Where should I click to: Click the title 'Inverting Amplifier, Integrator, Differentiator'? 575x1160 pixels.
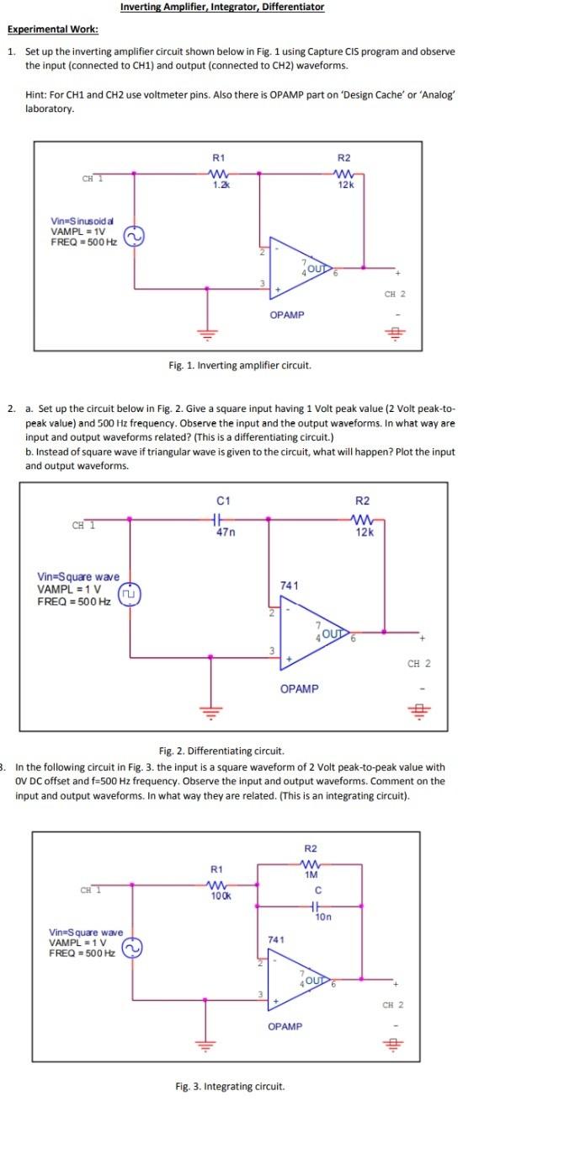click(x=221, y=8)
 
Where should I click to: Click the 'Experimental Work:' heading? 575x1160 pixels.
click(x=53, y=29)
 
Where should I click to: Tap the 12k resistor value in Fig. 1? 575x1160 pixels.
click(x=343, y=184)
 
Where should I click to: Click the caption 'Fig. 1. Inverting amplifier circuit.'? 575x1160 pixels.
click(x=240, y=366)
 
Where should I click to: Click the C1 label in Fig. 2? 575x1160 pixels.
click(x=223, y=501)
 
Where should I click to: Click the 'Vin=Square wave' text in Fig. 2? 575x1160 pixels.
click(x=78, y=576)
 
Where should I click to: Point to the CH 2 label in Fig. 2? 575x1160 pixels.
click(x=418, y=663)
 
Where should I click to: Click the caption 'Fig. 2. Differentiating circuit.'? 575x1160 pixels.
click(x=221, y=751)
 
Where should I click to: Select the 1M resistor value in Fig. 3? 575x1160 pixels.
click(x=311, y=875)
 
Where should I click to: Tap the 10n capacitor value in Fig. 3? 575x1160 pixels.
click(x=321, y=918)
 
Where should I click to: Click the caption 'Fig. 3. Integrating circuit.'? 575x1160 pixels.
click(x=230, y=1087)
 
